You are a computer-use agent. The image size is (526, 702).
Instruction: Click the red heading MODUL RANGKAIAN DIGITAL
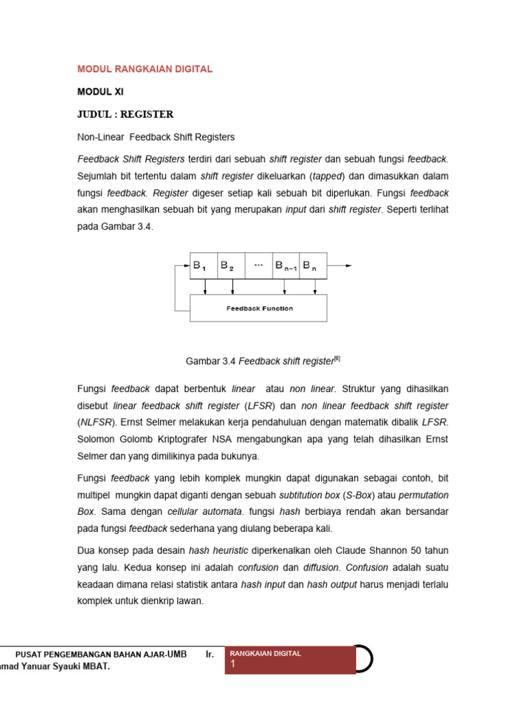point(145,69)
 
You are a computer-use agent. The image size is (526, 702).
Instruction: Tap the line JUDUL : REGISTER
point(125,114)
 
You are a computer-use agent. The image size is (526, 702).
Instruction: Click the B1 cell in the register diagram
point(203,266)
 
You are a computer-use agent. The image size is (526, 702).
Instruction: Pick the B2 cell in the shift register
point(230,266)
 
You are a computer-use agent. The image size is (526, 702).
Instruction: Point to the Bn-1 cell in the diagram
point(286,266)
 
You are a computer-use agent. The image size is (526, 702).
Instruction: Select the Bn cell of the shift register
point(313,266)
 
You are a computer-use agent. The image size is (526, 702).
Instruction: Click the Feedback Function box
point(258,308)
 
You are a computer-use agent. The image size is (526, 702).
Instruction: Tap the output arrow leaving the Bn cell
point(340,266)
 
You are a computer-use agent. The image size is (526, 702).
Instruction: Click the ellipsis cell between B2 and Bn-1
point(258,266)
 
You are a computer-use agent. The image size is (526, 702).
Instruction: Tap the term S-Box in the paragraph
point(356,494)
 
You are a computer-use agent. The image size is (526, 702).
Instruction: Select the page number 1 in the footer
point(233,664)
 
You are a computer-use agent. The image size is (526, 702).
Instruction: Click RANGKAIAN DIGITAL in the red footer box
point(266,653)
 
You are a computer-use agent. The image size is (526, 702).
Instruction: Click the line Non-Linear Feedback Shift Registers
point(156,137)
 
